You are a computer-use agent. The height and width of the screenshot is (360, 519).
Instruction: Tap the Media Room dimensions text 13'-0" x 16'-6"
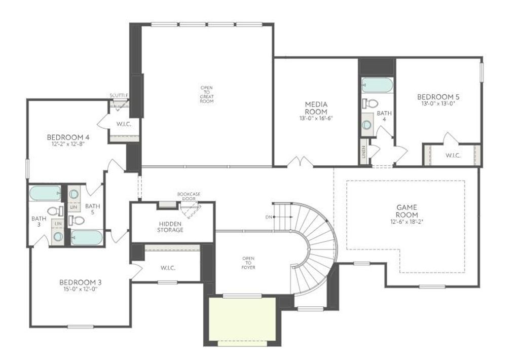point(316,119)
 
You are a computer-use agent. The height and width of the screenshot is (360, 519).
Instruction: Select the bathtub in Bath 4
point(377,85)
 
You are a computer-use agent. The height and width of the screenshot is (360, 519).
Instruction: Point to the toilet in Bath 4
point(370,103)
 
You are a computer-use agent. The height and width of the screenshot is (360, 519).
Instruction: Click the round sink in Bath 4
point(367,124)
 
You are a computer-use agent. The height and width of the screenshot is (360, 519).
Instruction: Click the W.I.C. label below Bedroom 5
point(453,155)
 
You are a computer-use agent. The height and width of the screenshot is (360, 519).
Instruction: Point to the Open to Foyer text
point(248,263)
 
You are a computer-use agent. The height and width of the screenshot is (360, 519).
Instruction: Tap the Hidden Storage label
point(170,226)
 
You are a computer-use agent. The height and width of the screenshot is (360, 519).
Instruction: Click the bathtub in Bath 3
point(45,193)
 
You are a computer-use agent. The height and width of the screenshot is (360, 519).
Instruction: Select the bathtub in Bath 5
point(87,237)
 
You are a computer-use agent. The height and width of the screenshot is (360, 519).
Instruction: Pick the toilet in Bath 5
point(77,220)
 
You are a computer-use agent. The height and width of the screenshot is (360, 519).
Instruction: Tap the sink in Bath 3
point(58,236)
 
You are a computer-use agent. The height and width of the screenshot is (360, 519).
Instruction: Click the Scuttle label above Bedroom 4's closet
point(119,95)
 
